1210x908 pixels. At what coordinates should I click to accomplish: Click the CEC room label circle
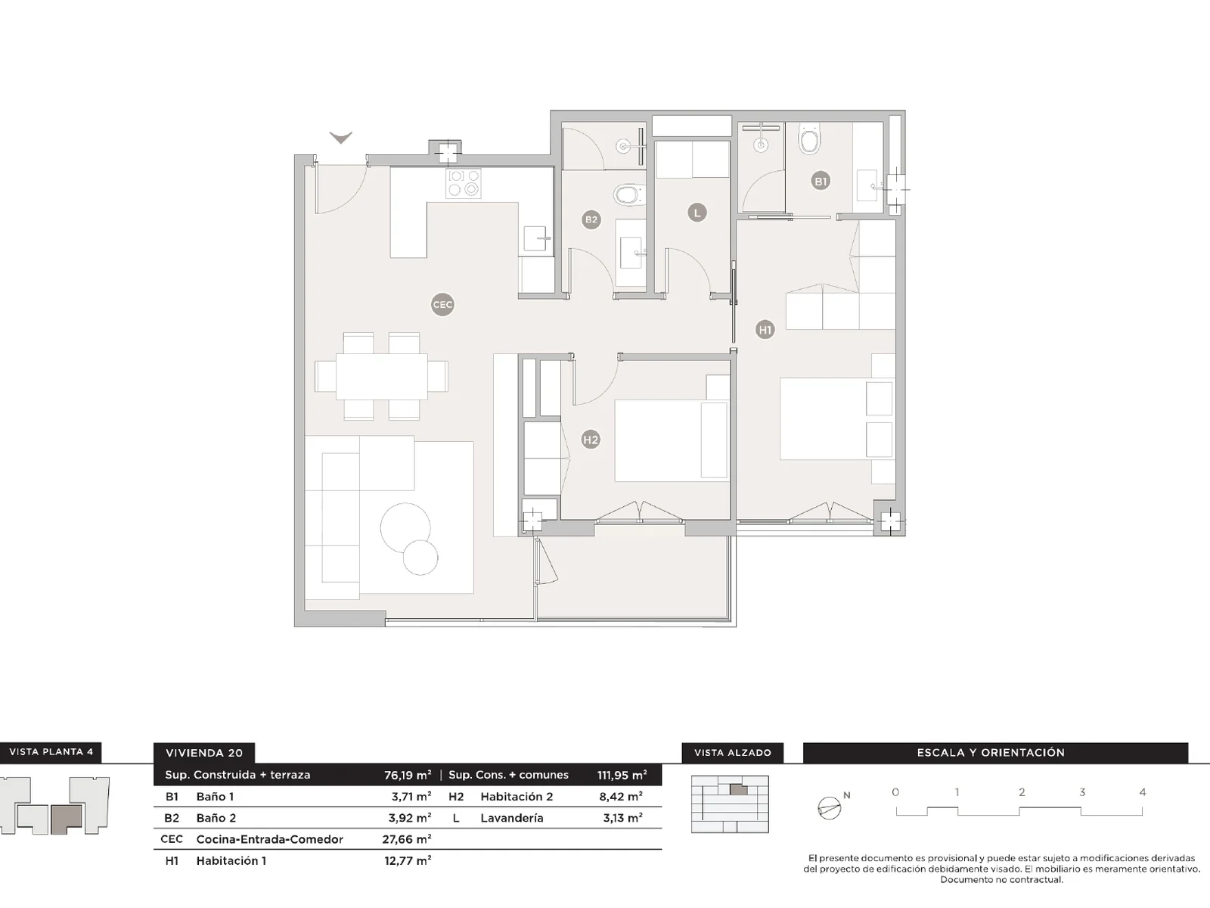[x=442, y=305]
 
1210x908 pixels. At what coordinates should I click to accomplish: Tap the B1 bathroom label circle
[x=821, y=181]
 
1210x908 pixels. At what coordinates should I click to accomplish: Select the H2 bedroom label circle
[x=591, y=440]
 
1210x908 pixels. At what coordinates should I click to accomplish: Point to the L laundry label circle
[x=697, y=213]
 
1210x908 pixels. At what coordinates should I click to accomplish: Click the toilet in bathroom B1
[x=810, y=141]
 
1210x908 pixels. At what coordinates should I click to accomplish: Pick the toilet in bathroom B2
[x=628, y=195]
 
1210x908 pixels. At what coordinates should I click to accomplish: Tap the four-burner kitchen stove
[x=464, y=183]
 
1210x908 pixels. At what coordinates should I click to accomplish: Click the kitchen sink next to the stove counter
[x=535, y=238]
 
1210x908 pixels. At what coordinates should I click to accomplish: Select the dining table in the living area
[x=381, y=376]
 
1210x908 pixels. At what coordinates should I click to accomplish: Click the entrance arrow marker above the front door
[x=341, y=138]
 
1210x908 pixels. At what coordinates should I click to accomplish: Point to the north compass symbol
[x=830, y=808]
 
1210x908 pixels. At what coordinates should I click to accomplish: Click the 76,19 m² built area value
[x=408, y=775]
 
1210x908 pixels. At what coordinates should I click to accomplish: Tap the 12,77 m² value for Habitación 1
[x=408, y=860]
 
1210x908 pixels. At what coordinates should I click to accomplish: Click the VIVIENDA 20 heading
[x=204, y=753]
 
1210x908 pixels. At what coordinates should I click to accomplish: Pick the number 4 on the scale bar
[x=1142, y=792]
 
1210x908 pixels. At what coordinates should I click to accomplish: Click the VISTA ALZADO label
[x=732, y=753]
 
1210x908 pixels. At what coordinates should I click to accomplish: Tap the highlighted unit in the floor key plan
[x=66, y=819]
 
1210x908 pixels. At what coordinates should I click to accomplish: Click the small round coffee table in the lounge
[x=420, y=558]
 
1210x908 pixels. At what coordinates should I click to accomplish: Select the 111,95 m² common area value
[x=622, y=775]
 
